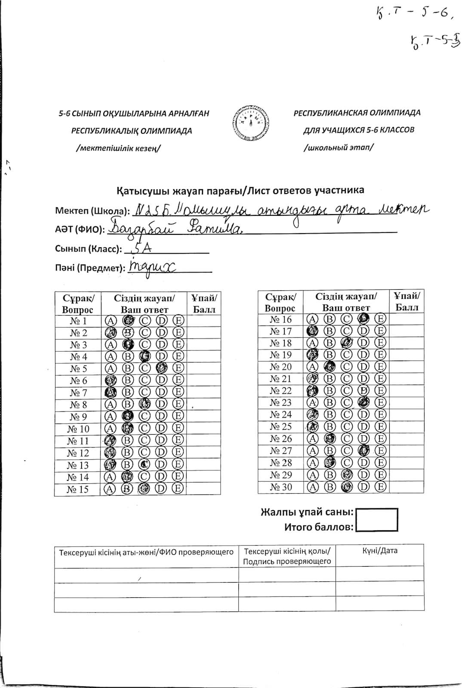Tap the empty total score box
tap(377, 520)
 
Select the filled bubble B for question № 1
tap(127, 320)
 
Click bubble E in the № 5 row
tap(178, 369)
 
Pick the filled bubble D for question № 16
tap(363, 319)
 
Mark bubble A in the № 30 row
tap(313, 487)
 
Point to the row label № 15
tap(77, 489)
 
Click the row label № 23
tap(280, 402)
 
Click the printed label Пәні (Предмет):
tap(90, 268)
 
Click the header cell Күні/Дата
tap(380, 551)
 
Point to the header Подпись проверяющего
tap(287, 561)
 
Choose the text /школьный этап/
tap(339, 147)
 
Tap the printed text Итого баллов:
tap(319, 527)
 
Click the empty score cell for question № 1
tap(203, 321)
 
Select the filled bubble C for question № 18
tap(346, 343)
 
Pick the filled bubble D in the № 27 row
tap(363, 451)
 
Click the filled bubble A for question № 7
tap(111, 392)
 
